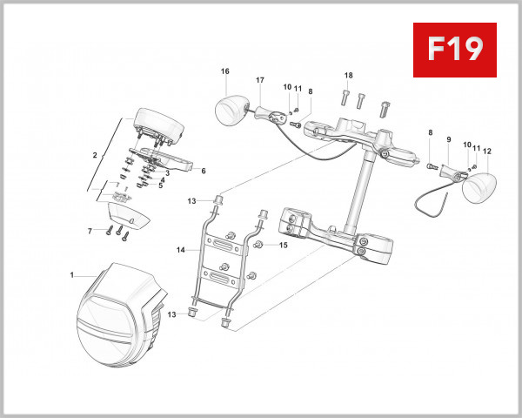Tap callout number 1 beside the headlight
(x=71, y=275)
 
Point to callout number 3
(x=166, y=172)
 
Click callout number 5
(x=160, y=185)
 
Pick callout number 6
(x=203, y=171)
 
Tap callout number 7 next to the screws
(x=90, y=231)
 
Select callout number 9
(x=449, y=139)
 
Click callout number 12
(x=487, y=151)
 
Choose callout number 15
(x=283, y=246)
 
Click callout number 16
(x=224, y=71)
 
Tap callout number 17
(x=259, y=81)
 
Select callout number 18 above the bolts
(x=348, y=75)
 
